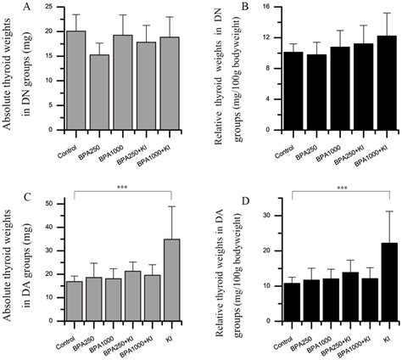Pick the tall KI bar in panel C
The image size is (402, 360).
coord(173,275)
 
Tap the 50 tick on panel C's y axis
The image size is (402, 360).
coord(54,203)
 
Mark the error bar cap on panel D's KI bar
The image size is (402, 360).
coord(366,211)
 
